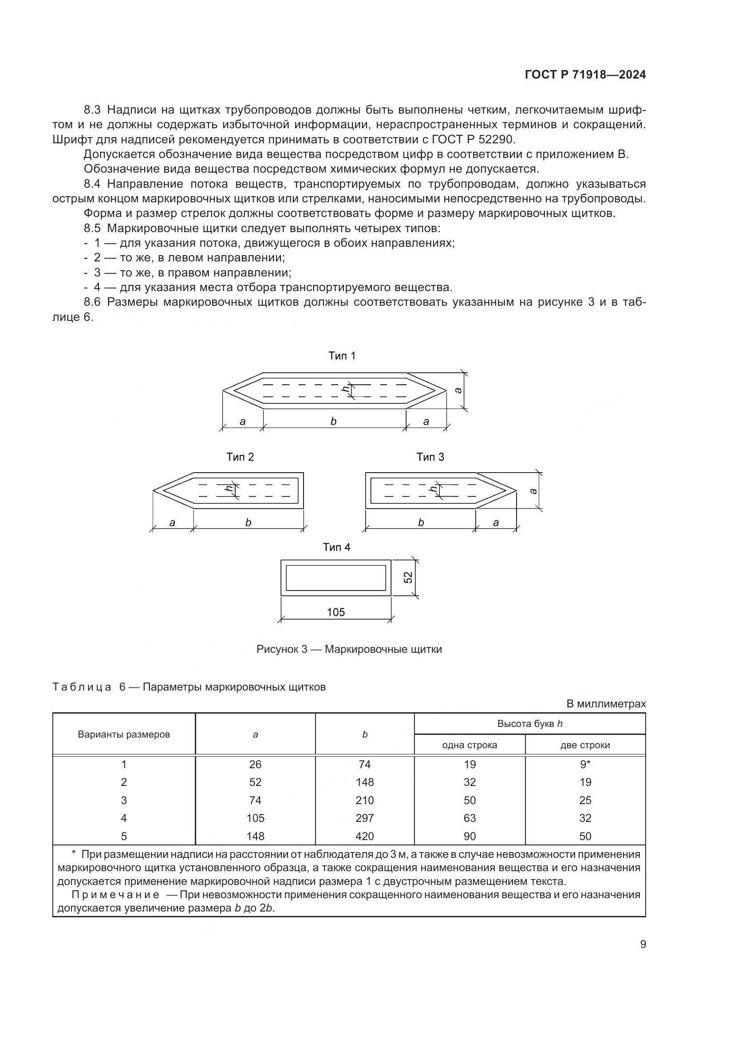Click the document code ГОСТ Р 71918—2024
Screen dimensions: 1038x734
tap(585, 75)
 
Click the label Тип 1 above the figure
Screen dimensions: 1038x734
tap(342, 356)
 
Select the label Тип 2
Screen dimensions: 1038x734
tap(240, 457)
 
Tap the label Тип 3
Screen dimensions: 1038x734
tap(430, 457)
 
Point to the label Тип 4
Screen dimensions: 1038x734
tap(336, 548)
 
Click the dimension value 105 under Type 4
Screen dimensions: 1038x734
tap(335, 612)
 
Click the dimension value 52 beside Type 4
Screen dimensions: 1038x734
tap(408, 577)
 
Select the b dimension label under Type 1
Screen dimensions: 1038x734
tap(334, 421)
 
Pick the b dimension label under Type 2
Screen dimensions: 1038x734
tap(248, 523)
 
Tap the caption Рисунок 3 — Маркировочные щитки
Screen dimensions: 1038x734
tap(349, 650)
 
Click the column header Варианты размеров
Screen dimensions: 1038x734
tap(124, 734)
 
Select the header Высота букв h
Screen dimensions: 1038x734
tap(530, 724)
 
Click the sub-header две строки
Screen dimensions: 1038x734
tap(585, 745)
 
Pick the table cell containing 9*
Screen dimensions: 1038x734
tap(585, 765)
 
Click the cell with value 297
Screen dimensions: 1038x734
tap(364, 818)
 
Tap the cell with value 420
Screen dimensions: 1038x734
tap(364, 836)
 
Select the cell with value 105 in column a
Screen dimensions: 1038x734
tap(255, 818)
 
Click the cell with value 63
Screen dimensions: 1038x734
tap(470, 818)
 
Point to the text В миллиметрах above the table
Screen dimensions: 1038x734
tap(606, 704)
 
